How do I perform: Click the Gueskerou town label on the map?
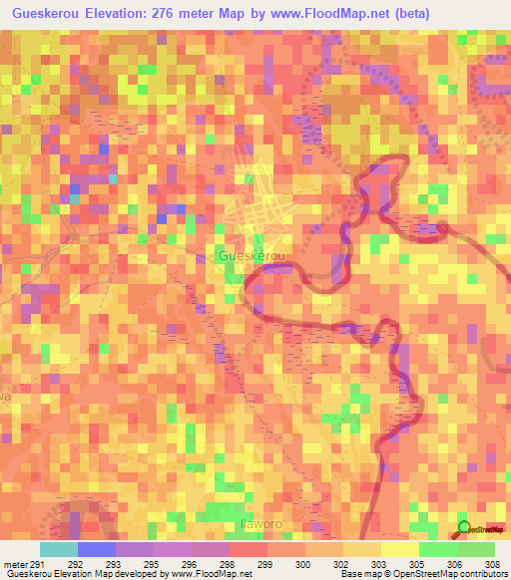(x=248, y=256)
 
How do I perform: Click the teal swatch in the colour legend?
(x=59, y=549)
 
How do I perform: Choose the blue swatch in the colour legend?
(x=97, y=549)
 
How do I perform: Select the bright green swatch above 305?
(x=437, y=549)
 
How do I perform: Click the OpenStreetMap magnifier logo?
(x=463, y=528)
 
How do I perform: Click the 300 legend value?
(x=300, y=564)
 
